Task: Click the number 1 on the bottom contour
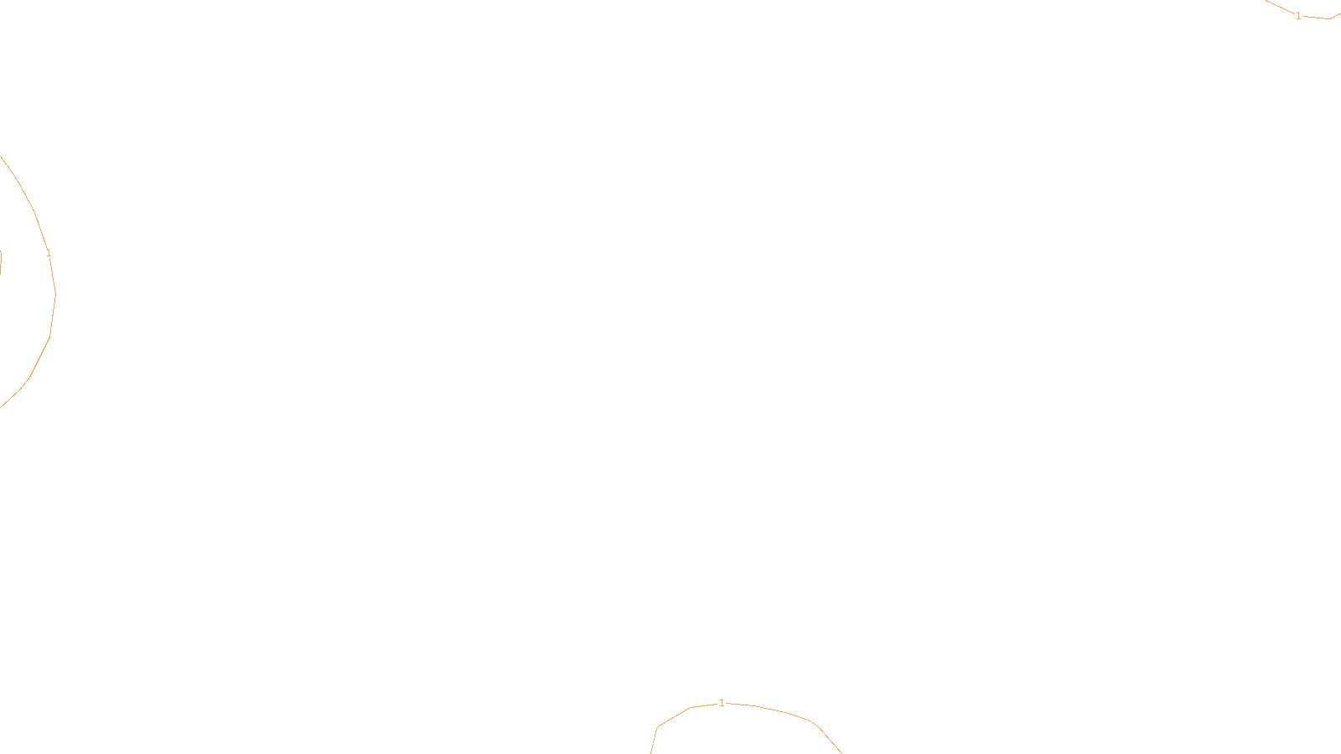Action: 722,703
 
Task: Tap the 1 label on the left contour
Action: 49,253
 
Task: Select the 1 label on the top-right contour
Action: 1298,16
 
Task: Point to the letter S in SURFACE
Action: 653,741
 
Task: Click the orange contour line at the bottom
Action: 779,711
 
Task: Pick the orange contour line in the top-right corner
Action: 1316,18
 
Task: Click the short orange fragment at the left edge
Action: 1,261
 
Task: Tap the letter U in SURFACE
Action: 659,741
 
